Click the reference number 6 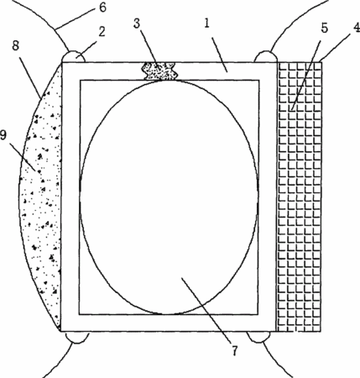click(x=102, y=8)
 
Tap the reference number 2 click(x=102, y=32)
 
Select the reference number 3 click(x=137, y=24)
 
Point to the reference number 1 click(x=206, y=24)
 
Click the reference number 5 click(x=324, y=29)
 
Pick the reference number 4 click(x=356, y=28)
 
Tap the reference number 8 click(x=16, y=45)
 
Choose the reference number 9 click(x=3, y=135)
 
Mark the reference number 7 click(x=235, y=350)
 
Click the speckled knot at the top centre click(x=160, y=71)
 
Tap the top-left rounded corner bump click(x=73, y=56)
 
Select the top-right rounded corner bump click(x=266, y=56)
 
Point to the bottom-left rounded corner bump click(x=77, y=338)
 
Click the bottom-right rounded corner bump click(x=258, y=337)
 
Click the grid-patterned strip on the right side click(x=300, y=197)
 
